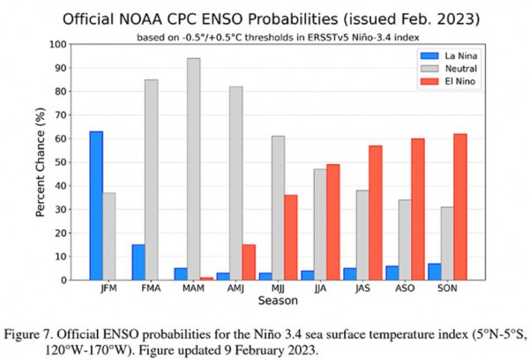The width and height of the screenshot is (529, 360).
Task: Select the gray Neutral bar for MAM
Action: tap(194, 169)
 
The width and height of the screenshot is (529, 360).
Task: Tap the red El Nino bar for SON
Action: tap(459, 206)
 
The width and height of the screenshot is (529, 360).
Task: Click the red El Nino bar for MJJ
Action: tap(290, 237)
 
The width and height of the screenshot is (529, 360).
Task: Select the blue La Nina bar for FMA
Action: tap(138, 262)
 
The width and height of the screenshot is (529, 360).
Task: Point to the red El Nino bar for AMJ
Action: tap(249, 262)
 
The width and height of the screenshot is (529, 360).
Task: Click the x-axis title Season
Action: tap(277, 301)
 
